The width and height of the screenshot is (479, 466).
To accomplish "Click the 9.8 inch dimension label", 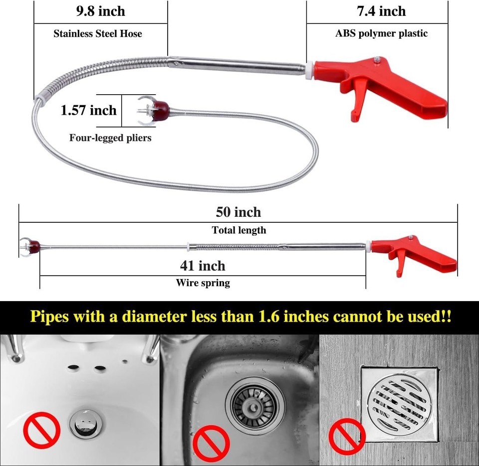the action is click(100, 11).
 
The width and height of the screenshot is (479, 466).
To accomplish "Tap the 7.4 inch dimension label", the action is click(381, 11).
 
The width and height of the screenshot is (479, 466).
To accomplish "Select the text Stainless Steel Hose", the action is click(98, 33).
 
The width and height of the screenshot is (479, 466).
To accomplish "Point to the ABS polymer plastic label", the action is click(381, 33).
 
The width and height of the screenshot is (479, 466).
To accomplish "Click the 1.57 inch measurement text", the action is click(89, 110).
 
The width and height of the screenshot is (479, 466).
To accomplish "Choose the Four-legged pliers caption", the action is click(110, 138).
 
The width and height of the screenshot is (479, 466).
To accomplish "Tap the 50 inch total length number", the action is click(239, 212).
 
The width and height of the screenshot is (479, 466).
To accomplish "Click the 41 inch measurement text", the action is click(203, 266).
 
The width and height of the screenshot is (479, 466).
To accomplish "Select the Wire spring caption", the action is click(203, 283).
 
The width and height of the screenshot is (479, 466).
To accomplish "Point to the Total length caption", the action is click(239, 230).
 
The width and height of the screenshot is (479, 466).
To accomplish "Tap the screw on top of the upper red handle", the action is click(378, 59).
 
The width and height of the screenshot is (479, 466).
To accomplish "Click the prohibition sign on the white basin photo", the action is click(41, 430).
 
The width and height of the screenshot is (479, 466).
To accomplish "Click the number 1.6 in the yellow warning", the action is click(269, 316).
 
